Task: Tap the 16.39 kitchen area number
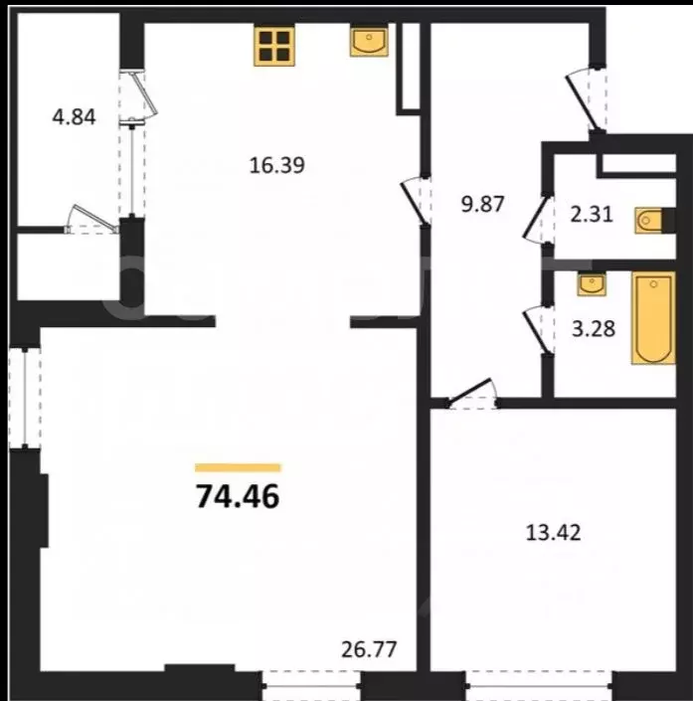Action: pyautogui.click(x=275, y=164)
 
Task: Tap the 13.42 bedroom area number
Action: pyautogui.click(x=552, y=532)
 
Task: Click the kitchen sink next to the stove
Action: pyautogui.click(x=369, y=41)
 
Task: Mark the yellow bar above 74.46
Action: pyautogui.click(x=239, y=466)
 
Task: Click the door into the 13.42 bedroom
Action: pyautogui.click(x=472, y=395)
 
